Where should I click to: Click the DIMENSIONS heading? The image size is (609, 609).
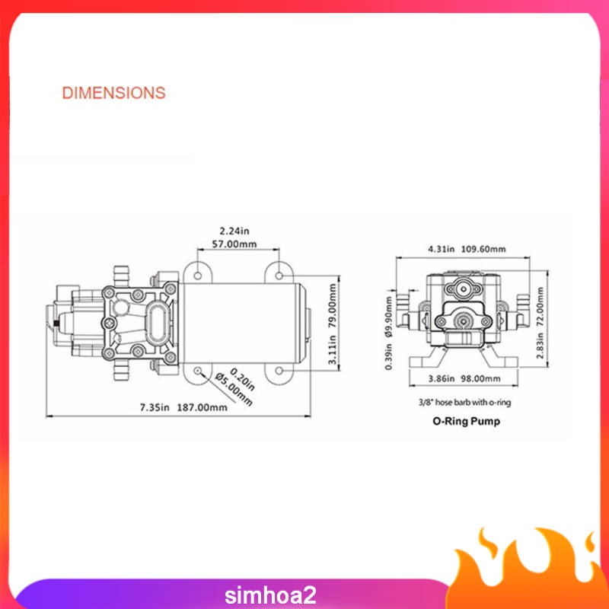(x=113, y=93)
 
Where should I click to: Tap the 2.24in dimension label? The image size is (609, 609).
(x=235, y=231)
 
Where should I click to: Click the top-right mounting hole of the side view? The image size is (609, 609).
(x=280, y=273)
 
